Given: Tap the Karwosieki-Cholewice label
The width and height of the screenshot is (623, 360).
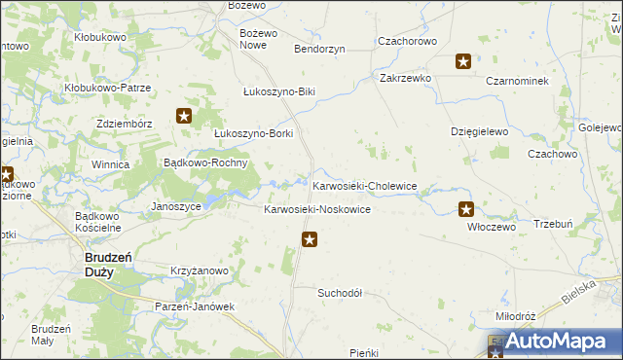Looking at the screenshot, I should click(x=364, y=185).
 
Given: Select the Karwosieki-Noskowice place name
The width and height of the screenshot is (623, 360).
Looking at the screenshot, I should click(x=317, y=210).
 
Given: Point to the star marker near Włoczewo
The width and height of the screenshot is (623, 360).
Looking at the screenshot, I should click(x=466, y=208).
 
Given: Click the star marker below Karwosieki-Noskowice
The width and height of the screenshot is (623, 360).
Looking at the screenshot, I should click(x=310, y=239).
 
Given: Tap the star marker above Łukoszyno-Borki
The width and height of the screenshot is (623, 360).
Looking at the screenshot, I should click(x=184, y=117).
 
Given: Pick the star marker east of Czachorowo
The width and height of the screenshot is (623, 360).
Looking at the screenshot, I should click(x=463, y=62).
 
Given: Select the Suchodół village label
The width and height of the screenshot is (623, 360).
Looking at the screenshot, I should click(x=340, y=292).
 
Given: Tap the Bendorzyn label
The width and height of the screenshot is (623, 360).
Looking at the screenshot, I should click(x=319, y=48).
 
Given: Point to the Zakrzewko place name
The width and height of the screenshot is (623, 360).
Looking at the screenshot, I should click(x=405, y=77).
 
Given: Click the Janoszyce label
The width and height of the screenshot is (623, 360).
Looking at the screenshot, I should click(x=177, y=206).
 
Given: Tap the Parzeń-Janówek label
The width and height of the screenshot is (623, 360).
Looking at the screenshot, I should click(x=196, y=306).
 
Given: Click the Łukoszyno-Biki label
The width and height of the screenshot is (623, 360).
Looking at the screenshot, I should click(x=279, y=92).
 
